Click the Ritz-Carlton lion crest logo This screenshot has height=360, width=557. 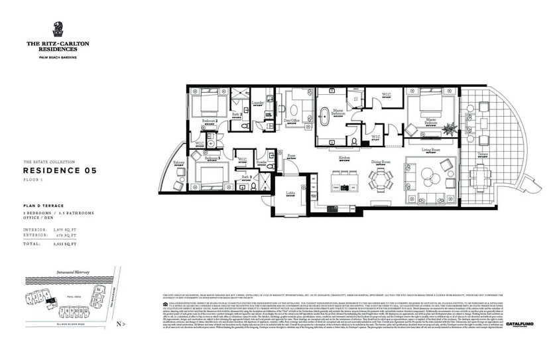58,29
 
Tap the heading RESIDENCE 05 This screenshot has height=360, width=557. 60,171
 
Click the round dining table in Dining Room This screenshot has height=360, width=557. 381,178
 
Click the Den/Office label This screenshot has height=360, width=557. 292,121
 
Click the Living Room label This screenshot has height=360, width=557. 432,150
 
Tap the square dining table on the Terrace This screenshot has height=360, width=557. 478,176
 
